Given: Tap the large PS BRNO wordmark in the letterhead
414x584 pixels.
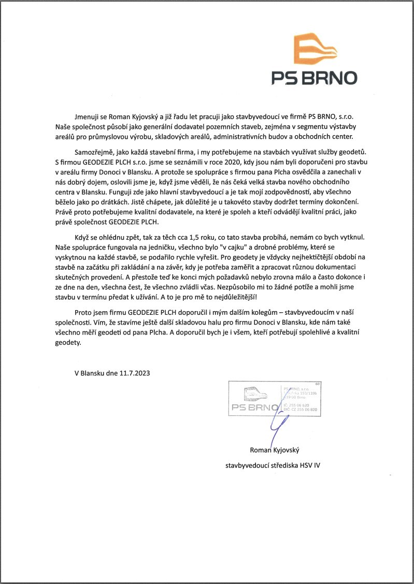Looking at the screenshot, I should pyautogui.click(x=315, y=78).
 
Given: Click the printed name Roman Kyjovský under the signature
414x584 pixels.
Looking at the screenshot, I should pyautogui.click(x=279, y=450).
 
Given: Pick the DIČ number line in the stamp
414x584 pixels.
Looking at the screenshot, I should pyautogui.click(x=301, y=409).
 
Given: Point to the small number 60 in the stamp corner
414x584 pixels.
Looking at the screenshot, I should pyautogui.click(x=317, y=384).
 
